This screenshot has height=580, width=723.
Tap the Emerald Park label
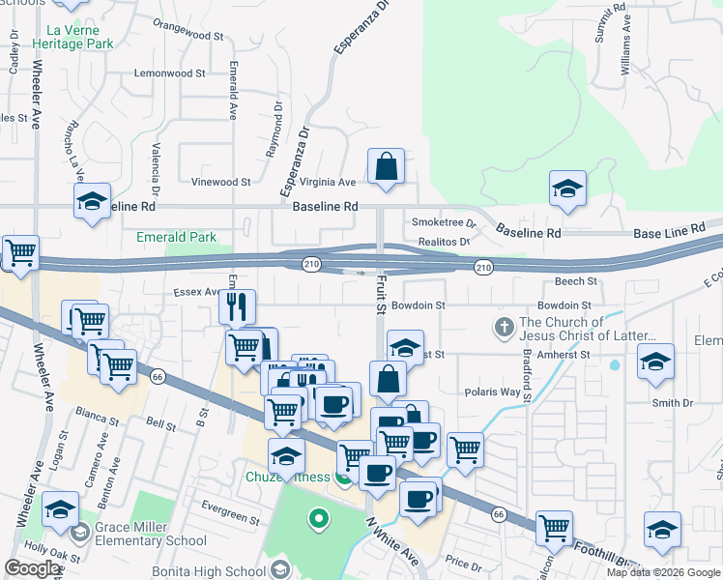click(176, 237)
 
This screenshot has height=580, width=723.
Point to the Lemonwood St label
click(169, 72)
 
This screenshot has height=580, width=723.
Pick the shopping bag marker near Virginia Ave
click(386, 166)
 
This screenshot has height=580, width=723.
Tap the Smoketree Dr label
click(445, 221)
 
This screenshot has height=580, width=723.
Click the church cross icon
click(504, 328)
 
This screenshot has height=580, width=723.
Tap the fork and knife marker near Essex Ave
click(237, 307)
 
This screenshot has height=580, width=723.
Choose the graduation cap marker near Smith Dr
click(656, 362)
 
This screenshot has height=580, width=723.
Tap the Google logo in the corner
click(32, 569)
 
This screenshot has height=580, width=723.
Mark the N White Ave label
click(391, 541)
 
